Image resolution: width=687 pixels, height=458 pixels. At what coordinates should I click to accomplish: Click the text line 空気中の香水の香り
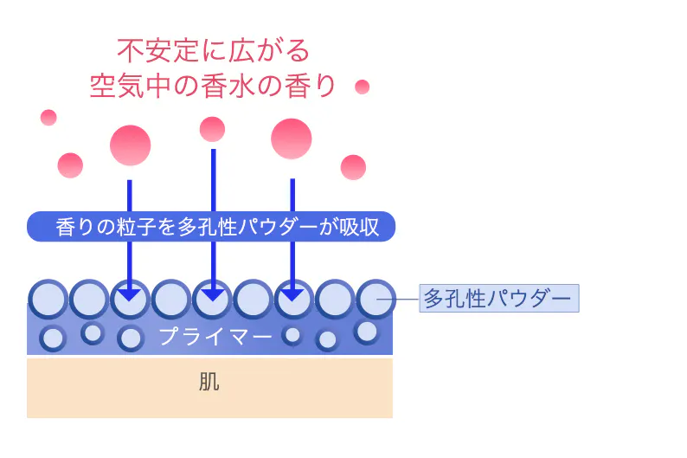click(213, 86)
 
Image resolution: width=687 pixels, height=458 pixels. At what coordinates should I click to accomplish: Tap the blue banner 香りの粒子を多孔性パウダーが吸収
click(210, 227)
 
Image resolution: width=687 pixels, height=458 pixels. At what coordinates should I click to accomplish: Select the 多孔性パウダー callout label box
click(498, 299)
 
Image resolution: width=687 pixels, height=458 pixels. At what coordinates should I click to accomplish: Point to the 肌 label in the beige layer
click(209, 382)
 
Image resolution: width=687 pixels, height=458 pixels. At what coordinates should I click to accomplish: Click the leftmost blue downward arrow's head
click(129, 293)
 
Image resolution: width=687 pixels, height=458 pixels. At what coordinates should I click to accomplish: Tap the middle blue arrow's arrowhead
click(212, 293)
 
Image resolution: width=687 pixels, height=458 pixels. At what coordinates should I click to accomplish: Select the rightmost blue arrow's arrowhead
click(292, 293)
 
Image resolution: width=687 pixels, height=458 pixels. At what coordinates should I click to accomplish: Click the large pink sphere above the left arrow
click(130, 145)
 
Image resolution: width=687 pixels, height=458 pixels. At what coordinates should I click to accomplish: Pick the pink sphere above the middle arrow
click(212, 129)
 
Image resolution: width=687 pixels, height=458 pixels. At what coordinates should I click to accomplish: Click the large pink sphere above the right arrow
click(291, 139)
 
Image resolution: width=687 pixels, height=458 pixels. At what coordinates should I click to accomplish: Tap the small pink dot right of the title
click(362, 87)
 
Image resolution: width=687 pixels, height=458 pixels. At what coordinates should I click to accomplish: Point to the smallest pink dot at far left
click(48, 117)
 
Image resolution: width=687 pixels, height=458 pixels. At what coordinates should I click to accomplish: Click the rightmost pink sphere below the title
click(353, 166)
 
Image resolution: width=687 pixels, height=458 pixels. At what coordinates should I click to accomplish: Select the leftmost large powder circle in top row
click(48, 300)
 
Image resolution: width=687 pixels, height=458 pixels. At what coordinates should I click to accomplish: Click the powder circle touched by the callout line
click(376, 300)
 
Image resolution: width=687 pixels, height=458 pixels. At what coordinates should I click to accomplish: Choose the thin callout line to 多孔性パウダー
click(407, 300)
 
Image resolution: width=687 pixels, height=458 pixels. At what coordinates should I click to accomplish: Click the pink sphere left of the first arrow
click(70, 164)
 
